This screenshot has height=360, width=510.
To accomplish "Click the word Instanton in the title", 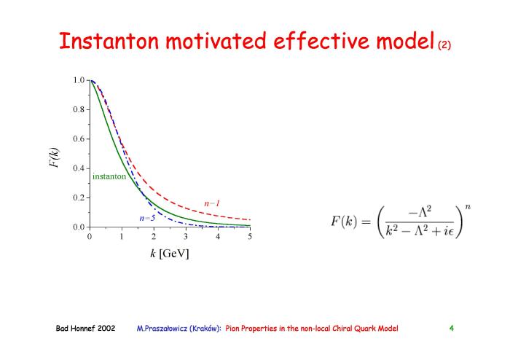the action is (109, 41).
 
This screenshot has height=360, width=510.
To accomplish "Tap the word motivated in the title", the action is (216, 41).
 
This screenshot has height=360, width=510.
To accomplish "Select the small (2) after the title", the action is (444, 44).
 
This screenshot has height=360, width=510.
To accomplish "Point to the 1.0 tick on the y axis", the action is (79, 80).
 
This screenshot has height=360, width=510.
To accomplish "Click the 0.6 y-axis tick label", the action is (79, 139).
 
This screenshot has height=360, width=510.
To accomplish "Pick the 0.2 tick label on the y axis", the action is (79, 197).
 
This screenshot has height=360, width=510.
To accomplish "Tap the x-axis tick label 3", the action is (185, 236).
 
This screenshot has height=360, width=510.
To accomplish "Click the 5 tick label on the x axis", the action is (249, 236).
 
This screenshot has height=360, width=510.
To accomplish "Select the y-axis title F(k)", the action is (55, 157).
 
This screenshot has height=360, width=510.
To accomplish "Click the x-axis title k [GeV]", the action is (170, 254).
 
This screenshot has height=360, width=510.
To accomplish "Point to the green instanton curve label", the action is (109, 176).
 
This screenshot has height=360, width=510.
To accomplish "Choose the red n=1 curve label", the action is (212, 203).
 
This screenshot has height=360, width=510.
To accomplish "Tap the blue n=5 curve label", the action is (147, 218).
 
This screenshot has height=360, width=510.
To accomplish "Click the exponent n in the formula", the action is (468, 207).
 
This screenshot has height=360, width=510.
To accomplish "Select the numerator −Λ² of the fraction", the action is (420, 212).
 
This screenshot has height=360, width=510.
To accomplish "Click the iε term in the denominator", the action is (449, 231).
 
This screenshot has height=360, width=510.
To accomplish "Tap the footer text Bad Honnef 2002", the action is (85, 328).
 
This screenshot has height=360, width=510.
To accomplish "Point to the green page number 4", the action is (452, 328).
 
